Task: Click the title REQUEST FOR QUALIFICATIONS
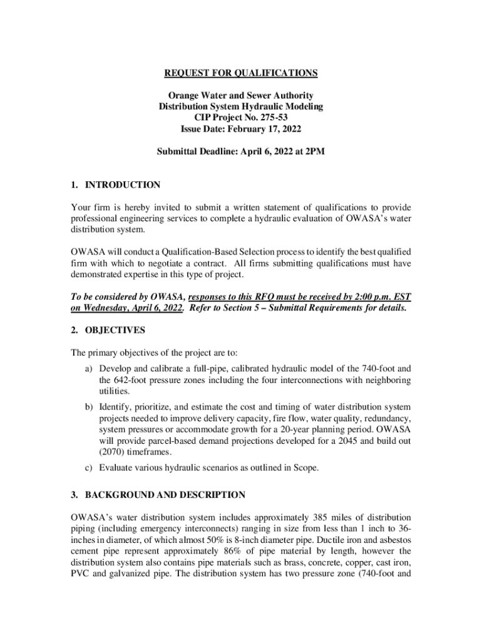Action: pos(241,73)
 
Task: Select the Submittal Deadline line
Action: pos(241,152)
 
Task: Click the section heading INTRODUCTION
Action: pos(123,185)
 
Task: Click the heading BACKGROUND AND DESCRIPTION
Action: pos(165,495)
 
